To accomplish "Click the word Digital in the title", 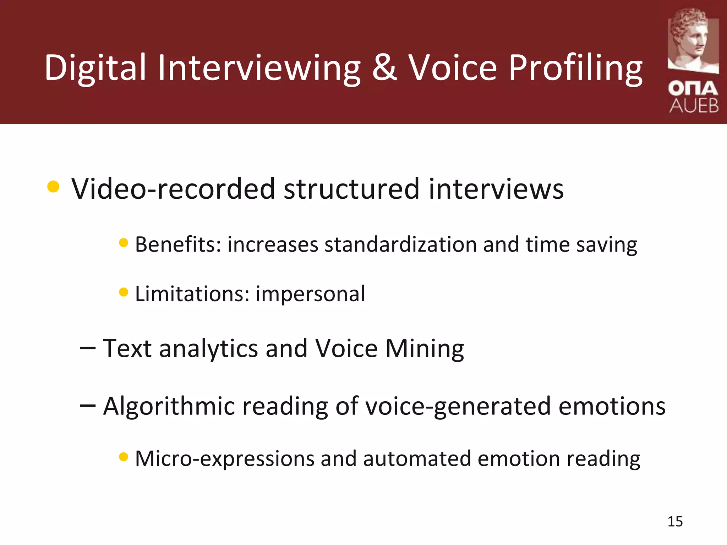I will point(95,67).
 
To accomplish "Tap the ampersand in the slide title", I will point(384,67).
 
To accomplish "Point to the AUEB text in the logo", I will point(694,106).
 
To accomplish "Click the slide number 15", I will point(675,522).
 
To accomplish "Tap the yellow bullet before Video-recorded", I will point(53,187).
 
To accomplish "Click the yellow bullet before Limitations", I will point(124,292).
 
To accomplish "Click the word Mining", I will point(425,349).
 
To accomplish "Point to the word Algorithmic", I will point(169,406).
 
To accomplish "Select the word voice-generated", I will point(458,406).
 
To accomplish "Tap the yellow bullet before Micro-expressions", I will point(124,457).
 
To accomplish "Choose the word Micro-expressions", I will point(225,458).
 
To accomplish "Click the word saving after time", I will point(606,245).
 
